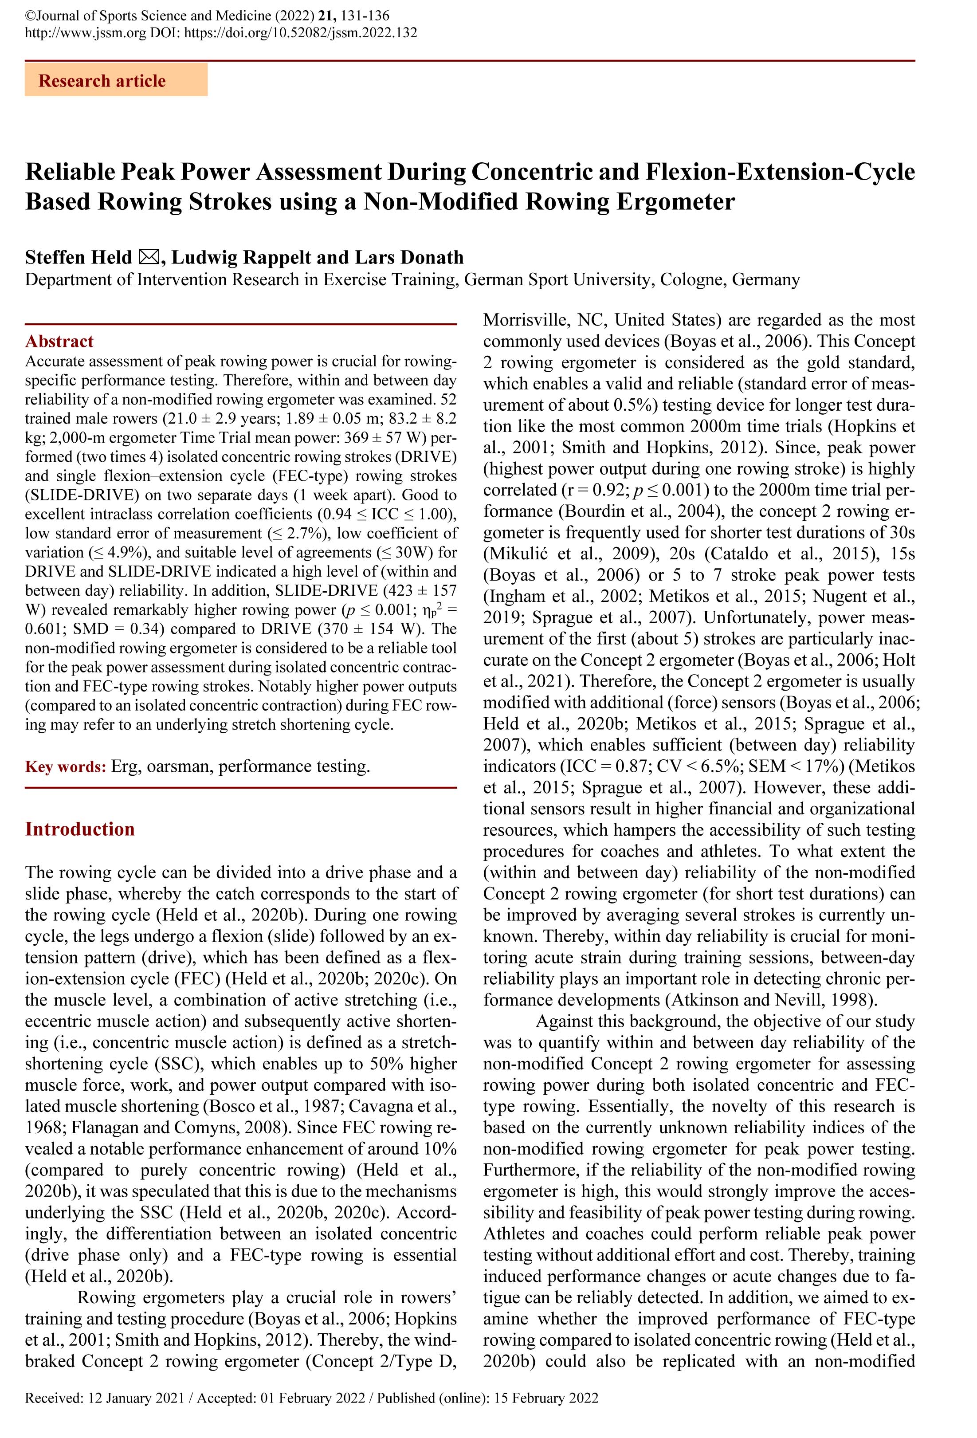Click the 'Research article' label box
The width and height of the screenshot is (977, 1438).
116,80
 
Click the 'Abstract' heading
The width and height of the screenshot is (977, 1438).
59,341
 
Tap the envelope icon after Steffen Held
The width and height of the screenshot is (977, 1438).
149,257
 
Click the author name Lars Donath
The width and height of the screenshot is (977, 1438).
409,257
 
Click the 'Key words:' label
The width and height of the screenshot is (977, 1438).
66,766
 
